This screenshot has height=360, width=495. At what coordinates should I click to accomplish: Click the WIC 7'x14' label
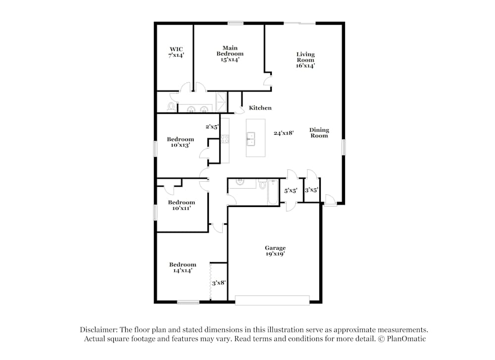click(176, 52)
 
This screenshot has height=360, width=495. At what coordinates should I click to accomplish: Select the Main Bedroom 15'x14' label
click(230, 53)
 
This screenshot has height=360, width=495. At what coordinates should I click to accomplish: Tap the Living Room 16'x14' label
click(305, 59)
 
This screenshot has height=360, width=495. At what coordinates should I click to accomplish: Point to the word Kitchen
click(260, 108)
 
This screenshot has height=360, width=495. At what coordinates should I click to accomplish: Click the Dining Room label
click(319, 133)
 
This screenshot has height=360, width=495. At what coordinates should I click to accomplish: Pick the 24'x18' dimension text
click(284, 133)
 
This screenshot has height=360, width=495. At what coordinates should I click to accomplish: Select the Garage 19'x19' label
click(275, 251)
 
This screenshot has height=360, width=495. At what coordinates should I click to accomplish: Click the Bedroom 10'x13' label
click(180, 142)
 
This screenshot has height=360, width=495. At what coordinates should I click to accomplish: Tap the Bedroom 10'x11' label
click(181, 205)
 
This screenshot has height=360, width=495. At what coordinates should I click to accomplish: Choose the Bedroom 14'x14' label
click(182, 267)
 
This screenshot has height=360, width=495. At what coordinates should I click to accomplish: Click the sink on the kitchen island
click(251, 139)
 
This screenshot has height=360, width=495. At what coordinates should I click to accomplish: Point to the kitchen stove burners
click(225, 139)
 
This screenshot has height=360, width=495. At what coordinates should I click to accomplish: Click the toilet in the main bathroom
click(171, 106)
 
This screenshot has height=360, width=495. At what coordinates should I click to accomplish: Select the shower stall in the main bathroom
click(221, 102)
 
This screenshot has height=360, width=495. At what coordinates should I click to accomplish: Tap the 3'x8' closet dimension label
click(219, 283)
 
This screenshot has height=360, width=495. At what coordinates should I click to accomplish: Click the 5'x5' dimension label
click(290, 190)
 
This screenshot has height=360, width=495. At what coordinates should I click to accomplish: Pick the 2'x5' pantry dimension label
click(212, 127)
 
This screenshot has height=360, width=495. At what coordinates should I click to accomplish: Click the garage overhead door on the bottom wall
click(272, 300)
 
